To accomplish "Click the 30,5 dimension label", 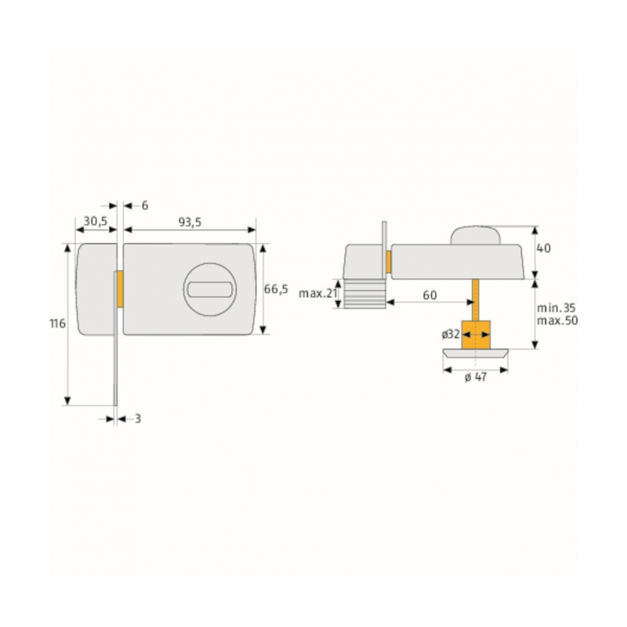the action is [x=96, y=221].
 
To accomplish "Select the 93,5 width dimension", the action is [x=190, y=223].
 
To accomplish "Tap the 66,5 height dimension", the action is [x=276, y=288].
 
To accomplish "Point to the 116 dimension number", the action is [x=57, y=323].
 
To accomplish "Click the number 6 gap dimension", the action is [x=145, y=205].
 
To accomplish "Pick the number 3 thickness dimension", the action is [x=138, y=419].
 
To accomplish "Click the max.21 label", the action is [x=318, y=293].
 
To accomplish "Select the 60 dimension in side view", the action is [x=429, y=295].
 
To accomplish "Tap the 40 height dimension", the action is [x=543, y=248].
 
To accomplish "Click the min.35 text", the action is [x=556, y=308].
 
